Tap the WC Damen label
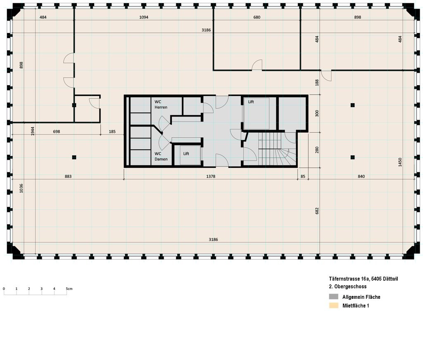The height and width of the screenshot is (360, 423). [161, 156]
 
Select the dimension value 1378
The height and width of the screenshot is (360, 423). [211, 176]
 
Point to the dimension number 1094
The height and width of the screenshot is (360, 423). [143, 17]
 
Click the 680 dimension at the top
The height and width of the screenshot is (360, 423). [257, 17]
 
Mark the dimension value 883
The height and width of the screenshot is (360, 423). [68, 176]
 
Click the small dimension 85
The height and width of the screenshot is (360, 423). [303, 176]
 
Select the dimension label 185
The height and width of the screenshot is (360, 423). [112, 131]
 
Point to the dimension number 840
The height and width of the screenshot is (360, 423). [361, 176]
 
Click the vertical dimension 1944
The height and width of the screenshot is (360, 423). [32, 131]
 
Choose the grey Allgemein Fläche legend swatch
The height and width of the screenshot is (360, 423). [333, 297]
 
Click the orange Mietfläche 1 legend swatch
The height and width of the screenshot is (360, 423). [333, 306]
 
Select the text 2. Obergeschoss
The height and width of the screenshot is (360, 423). [347, 286]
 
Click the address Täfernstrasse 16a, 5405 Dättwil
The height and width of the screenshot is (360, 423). [364, 279]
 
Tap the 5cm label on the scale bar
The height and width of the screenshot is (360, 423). [69, 288]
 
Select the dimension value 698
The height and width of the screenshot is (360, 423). [57, 131]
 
